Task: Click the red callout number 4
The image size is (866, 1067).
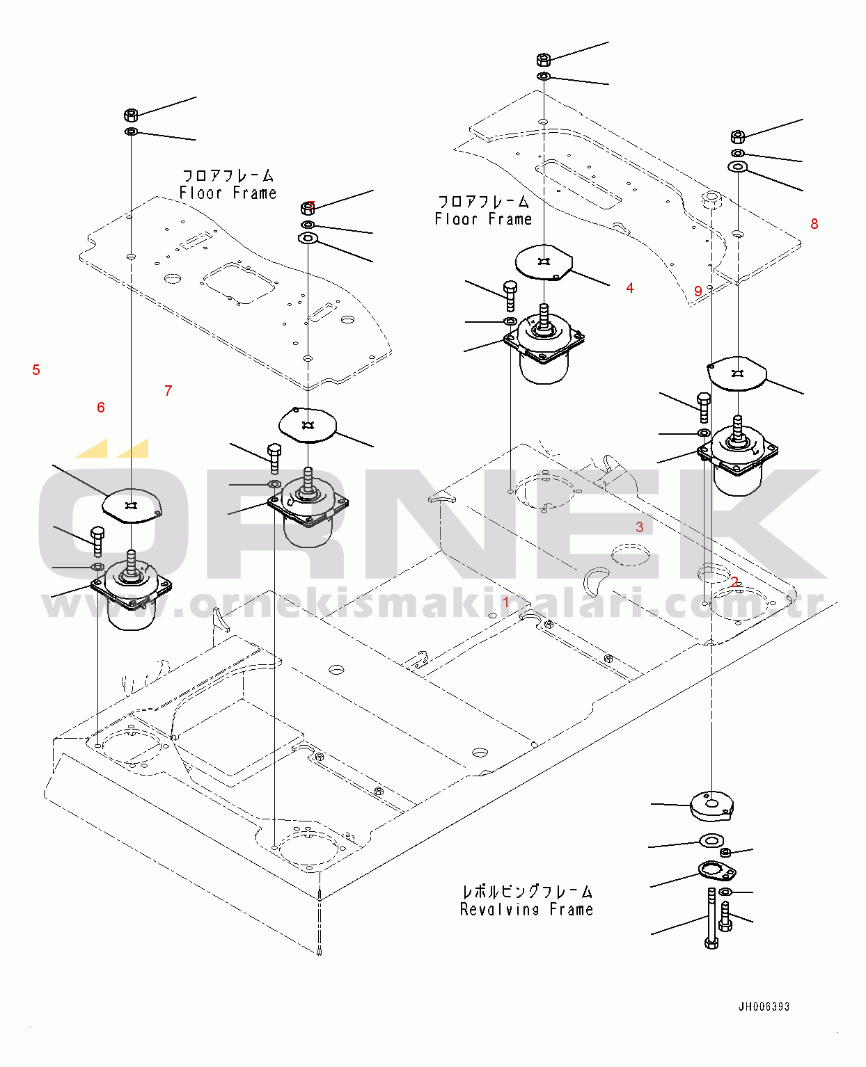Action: point(629,288)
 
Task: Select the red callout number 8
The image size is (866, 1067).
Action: point(814,224)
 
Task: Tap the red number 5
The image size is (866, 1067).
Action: point(36,370)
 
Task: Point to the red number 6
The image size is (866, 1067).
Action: point(101,408)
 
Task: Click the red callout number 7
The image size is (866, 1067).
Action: point(168,391)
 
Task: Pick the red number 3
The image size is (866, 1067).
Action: point(639,527)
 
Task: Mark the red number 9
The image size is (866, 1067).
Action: point(698,291)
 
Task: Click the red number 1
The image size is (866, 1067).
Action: point(506,602)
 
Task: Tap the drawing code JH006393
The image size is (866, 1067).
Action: point(764,1006)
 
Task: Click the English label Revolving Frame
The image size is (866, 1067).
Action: point(526,909)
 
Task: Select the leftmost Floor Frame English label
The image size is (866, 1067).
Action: point(228,193)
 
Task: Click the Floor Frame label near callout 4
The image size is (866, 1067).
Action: point(483,219)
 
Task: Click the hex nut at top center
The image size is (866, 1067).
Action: point(544,58)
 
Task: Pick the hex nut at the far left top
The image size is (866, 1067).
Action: point(131,114)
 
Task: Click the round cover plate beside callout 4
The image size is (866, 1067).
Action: point(544,262)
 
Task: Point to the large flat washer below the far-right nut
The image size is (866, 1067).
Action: point(737,167)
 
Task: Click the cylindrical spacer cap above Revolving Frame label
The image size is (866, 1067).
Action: point(711,805)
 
